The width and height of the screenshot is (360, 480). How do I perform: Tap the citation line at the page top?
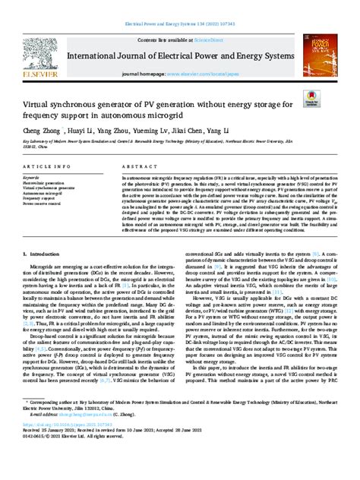click(180, 9)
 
